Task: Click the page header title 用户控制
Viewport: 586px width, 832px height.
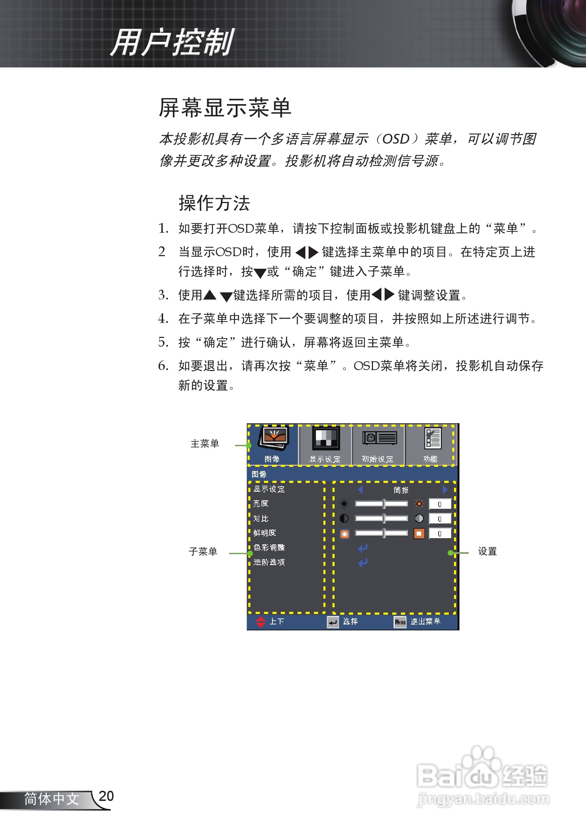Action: (172, 43)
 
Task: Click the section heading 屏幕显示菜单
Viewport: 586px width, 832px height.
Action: (225, 108)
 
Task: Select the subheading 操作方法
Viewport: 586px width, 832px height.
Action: (214, 203)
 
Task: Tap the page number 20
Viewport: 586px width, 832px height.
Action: (106, 796)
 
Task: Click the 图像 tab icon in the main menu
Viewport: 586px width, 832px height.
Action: (273, 438)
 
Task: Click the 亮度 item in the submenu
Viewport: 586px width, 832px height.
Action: (261, 504)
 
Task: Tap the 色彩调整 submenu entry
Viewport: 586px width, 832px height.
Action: (269, 548)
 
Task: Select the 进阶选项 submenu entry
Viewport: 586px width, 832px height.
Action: (269, 562)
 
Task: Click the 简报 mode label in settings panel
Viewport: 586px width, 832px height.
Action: (401, 490)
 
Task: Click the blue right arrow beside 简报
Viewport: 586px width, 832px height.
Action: (445, 490)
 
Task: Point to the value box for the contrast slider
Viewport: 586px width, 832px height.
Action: (440, 519)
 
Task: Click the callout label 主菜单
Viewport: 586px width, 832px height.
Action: (205, 444)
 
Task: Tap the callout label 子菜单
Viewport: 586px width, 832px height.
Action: (203, 552)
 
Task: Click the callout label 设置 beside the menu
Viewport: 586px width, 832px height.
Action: (488, 552)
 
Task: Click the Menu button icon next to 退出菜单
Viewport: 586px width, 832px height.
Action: (400, 622)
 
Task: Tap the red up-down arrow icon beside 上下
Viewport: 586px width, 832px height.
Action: (261, 622)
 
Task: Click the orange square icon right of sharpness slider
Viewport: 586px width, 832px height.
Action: (419, 533)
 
